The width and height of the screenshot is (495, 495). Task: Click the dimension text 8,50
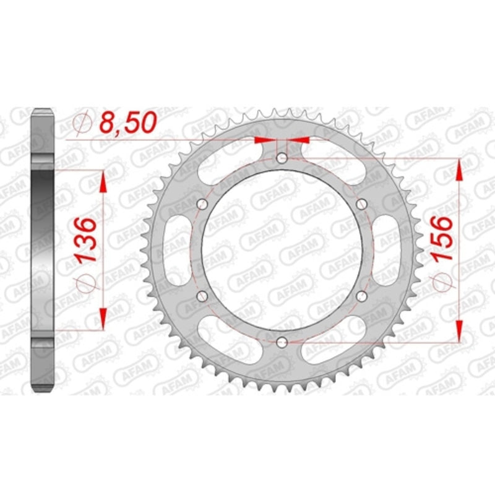tap(126, 124)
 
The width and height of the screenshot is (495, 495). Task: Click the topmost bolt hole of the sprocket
tap(282, 159)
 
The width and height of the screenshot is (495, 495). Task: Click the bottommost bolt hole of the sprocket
tap(282, 342)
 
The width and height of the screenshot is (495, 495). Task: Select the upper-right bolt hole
tap(363, 204)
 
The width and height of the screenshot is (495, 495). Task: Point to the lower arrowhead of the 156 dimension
tap(459, 332)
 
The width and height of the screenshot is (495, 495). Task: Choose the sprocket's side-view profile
tap(43, 251)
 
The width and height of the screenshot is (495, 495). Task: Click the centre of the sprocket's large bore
tap(282, 251)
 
